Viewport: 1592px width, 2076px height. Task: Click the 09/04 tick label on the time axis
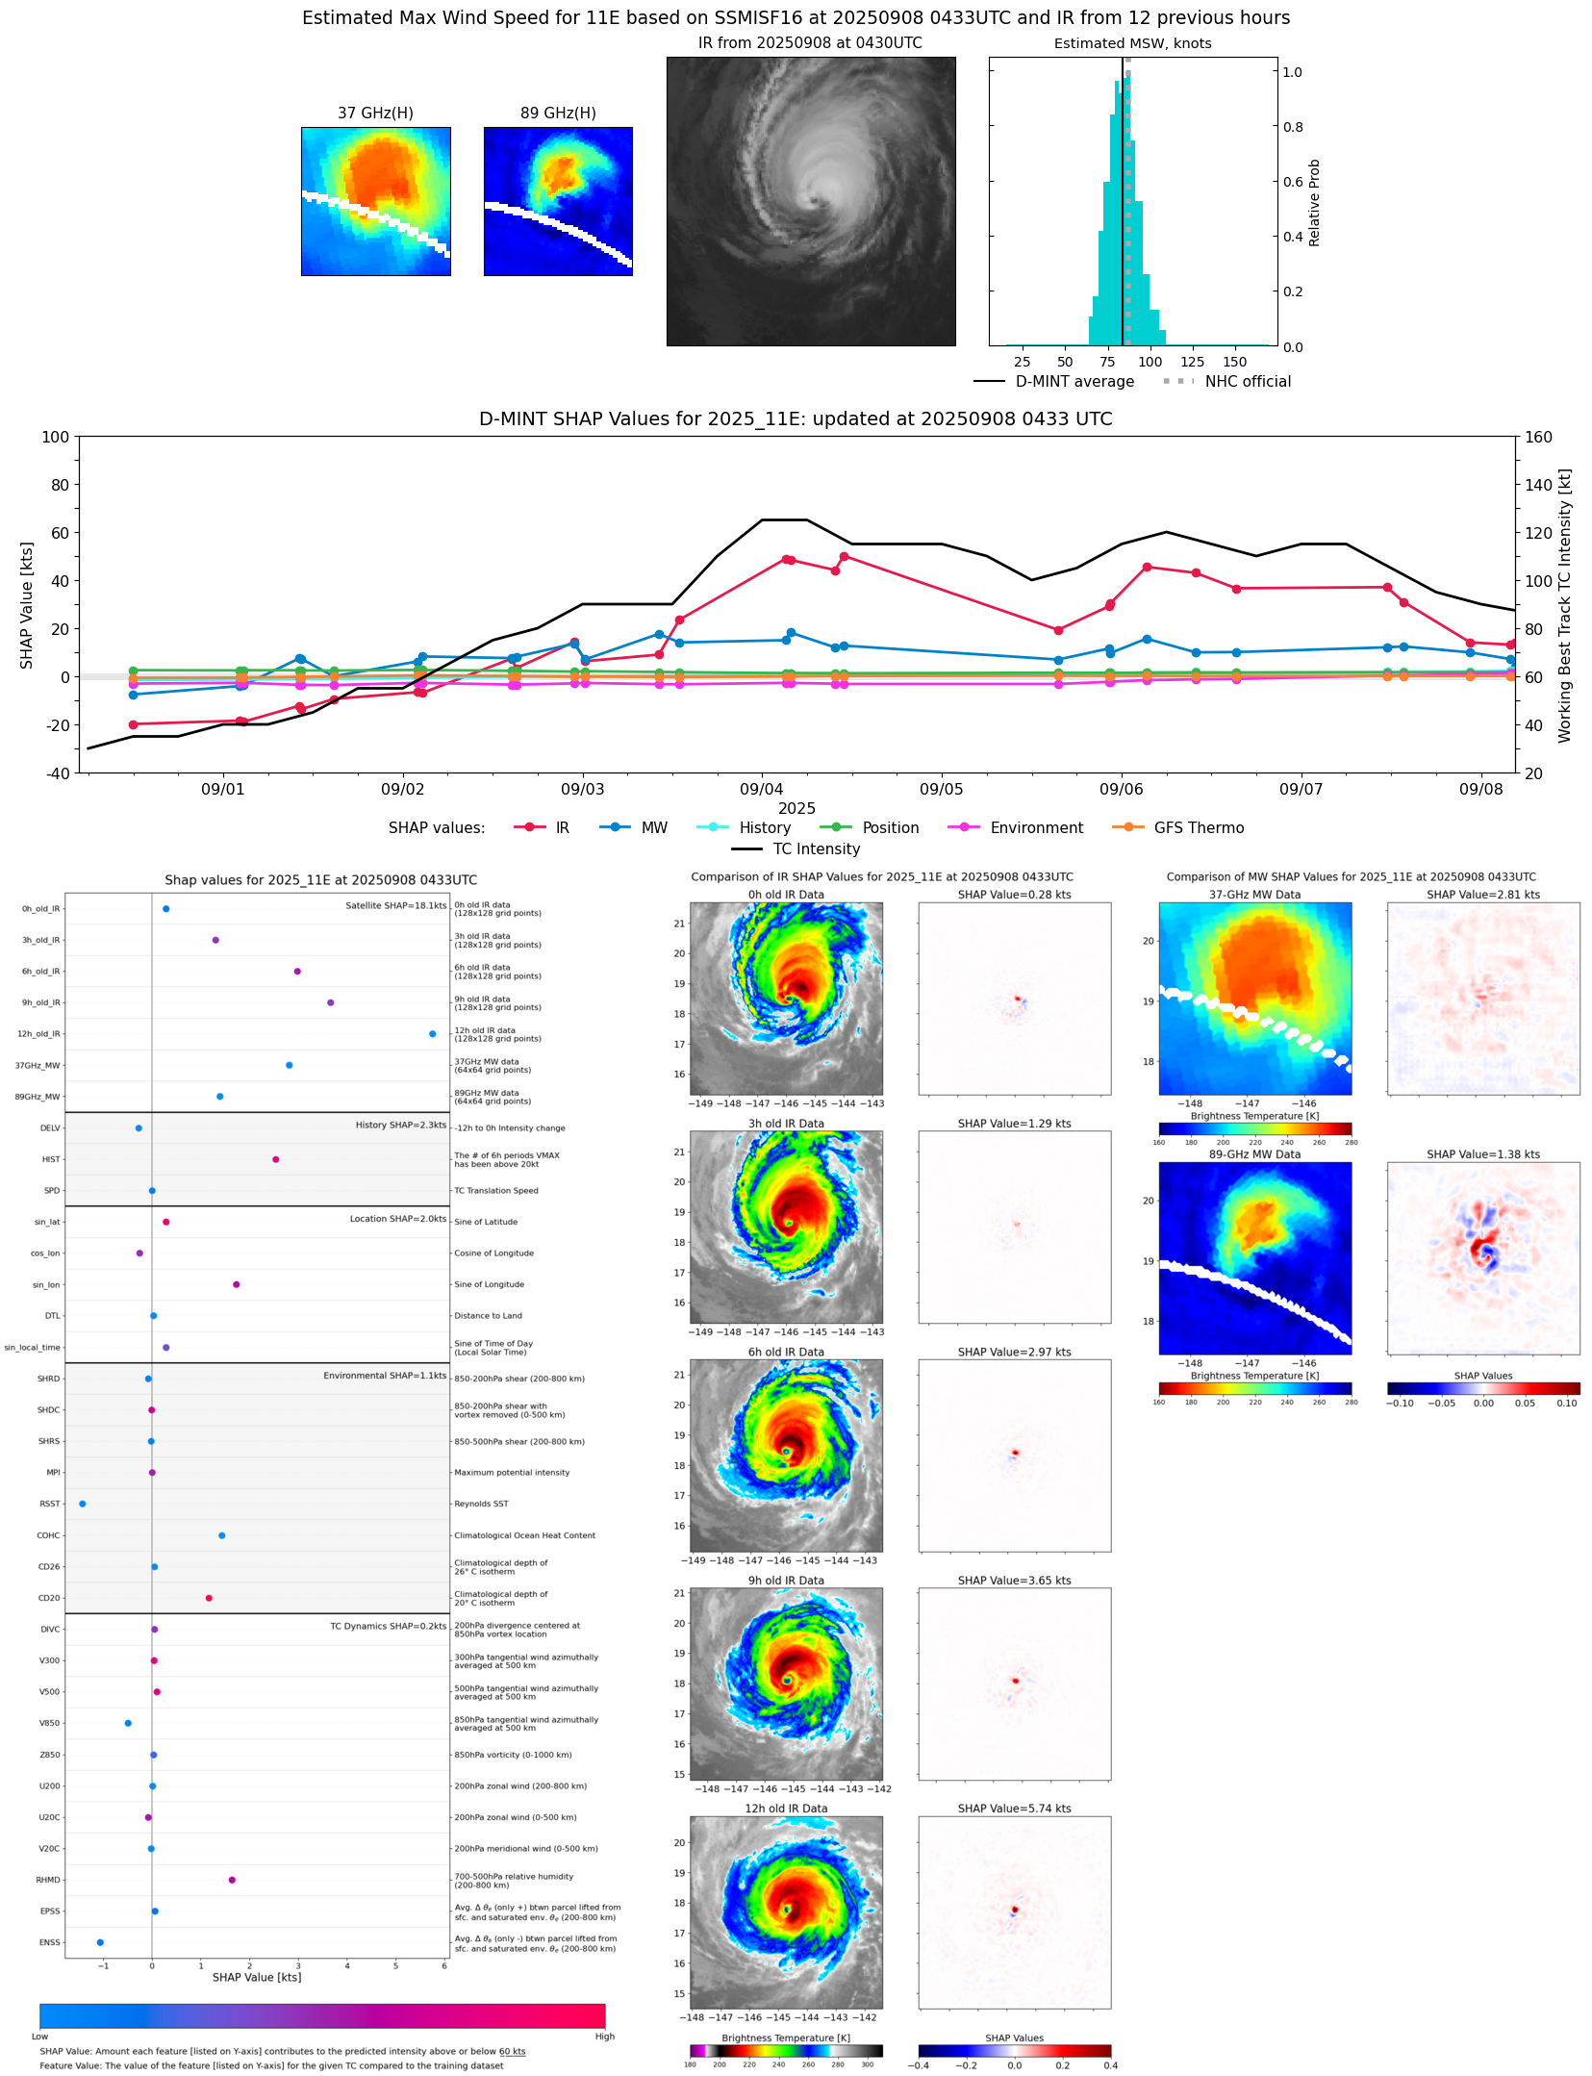click(x=761, y=790)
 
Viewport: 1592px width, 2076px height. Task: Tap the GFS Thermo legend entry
click(x=1199, y=828)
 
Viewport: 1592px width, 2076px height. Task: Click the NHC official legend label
click(x=1248, y=382)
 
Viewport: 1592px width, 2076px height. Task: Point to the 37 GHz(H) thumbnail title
click(x=375, y=114)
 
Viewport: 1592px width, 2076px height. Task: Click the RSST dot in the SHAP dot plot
click(x=82, y=1504)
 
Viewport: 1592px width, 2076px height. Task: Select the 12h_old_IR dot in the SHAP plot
click(x=432, y=1034)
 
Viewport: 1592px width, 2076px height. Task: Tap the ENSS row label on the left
click(x=49, y=1942)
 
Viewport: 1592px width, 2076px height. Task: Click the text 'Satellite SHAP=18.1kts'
click(x=395, y=906)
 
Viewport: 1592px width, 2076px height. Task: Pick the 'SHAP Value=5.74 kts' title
click(x=1014, y=1809)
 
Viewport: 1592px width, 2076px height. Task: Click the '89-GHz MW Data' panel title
click(x=1254, y=1154)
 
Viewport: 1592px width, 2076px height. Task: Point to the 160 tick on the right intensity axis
click(x=1538, y=437)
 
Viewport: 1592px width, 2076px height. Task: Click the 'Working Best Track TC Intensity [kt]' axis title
click(x=1565, y=605)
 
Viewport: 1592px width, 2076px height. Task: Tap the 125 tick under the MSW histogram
click(x=1192, y=362)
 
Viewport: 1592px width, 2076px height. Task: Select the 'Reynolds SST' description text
click(x=481, y=1504)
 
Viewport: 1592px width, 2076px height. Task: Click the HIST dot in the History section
click(x=275, y=1159)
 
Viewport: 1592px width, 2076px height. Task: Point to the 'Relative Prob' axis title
click(x=1314, y=203)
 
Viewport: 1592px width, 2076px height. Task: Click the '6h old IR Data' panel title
click(x=786, y=1352)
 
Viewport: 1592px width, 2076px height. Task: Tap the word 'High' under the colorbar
click(x=604, y=2037)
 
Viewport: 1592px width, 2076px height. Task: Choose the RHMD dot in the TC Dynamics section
click(x=232, y=1880)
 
